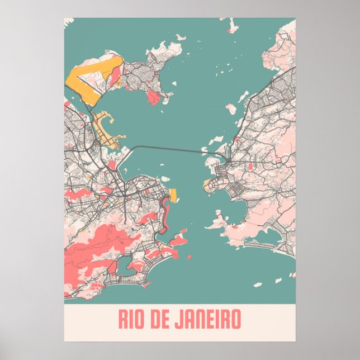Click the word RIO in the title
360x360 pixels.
[132, 320]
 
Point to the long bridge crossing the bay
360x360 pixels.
[168, 148]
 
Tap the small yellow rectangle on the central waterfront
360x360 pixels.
[173, 195]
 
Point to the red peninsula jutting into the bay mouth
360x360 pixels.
[178, 241]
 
